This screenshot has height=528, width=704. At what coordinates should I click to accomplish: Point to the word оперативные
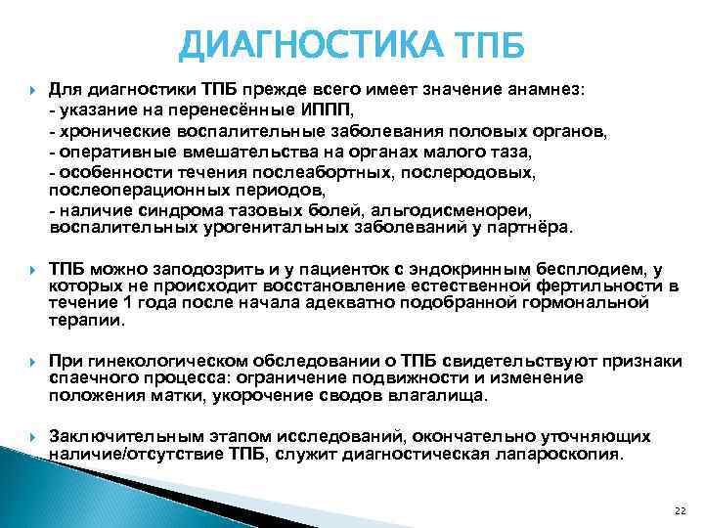[110, 151]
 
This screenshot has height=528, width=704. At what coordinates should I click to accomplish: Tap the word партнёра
[537, 228]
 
